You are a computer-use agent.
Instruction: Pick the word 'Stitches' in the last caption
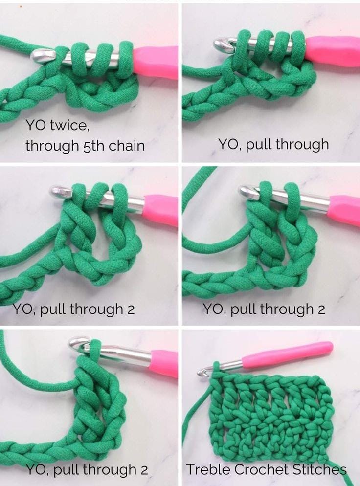[x=320, y=469]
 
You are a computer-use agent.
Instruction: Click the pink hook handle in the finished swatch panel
[x=288, y=352]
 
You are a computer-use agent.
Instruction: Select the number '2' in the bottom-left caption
[x=144, y=470]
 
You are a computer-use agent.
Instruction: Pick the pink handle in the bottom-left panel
[x=164, y=363]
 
